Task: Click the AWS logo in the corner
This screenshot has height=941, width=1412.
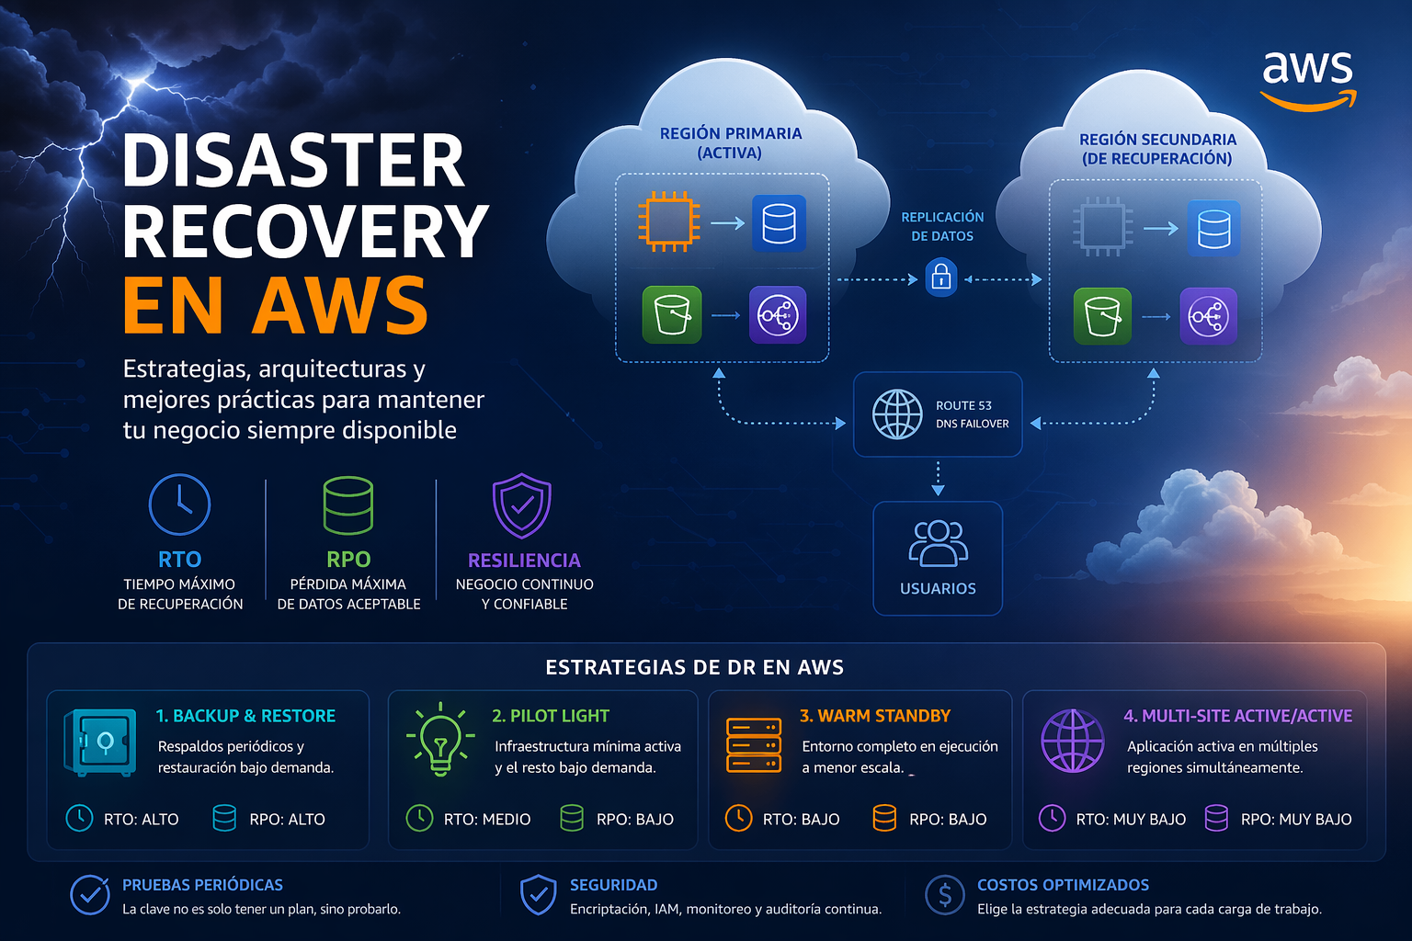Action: point(1307,78)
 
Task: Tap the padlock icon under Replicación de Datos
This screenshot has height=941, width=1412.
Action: point(940,277)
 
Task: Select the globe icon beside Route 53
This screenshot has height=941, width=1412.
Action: point(896,414)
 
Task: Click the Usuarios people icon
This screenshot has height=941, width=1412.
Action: point(938,543)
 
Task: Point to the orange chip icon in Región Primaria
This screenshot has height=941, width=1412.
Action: point(668,222)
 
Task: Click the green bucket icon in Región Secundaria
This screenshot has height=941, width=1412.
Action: point(1102,316)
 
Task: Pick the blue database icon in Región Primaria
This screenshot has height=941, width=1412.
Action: point(779,223)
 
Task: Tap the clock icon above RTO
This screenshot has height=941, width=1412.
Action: point(179,505)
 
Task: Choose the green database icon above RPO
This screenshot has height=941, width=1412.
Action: point(348,505)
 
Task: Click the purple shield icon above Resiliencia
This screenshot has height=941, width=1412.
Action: point(522,505)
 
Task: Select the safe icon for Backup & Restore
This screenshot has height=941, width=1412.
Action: point(100,742)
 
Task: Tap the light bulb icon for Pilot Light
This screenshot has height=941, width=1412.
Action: point(440,739)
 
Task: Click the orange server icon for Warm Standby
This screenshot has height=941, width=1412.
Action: point(754,744)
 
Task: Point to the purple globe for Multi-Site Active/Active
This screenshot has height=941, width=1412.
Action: point(1072,741)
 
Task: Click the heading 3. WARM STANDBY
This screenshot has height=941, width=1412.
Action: point(875,716)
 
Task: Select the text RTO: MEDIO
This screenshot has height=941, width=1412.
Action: point(487,819)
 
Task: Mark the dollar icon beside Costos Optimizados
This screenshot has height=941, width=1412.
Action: point(945,894)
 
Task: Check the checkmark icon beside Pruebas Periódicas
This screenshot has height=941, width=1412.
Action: point(90,894)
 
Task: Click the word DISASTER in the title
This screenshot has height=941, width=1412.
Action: point(294,161)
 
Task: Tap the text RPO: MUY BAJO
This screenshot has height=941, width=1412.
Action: point(1296,819)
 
